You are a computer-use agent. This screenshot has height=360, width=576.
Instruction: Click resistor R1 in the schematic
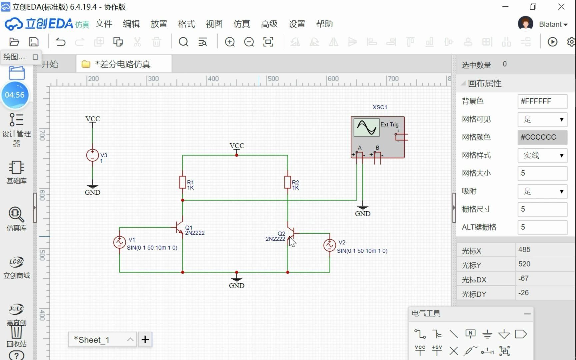coord(183,182)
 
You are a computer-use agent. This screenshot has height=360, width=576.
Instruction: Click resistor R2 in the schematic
coord(288,182)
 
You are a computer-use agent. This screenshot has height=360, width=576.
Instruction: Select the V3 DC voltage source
coord(92,155)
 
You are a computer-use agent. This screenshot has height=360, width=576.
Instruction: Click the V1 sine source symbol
coord(119,242)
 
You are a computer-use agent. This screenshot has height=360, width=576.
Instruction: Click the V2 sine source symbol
coord(329,245)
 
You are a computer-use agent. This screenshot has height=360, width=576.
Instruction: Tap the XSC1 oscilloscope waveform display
coord(366,127)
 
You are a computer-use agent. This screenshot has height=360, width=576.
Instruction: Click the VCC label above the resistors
coord(237,146)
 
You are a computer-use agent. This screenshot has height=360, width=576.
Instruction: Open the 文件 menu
coord(104,24)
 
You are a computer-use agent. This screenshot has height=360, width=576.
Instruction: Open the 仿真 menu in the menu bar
coord(241,24)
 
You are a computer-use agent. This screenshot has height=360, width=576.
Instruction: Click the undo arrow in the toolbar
coord(61,42)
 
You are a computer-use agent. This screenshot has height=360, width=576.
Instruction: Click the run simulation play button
coord(552,42)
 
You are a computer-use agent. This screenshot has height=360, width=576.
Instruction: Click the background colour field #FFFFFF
coord(542,101)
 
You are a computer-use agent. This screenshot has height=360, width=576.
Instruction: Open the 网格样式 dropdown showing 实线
coord(542,155)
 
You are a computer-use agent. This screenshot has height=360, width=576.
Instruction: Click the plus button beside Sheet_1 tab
coord(145,340)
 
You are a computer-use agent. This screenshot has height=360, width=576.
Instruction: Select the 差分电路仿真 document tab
coord(123,64)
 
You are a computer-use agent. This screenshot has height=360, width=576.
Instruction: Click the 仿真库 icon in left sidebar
coord(16,218)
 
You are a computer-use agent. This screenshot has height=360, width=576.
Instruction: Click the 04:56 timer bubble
coord(15,95)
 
